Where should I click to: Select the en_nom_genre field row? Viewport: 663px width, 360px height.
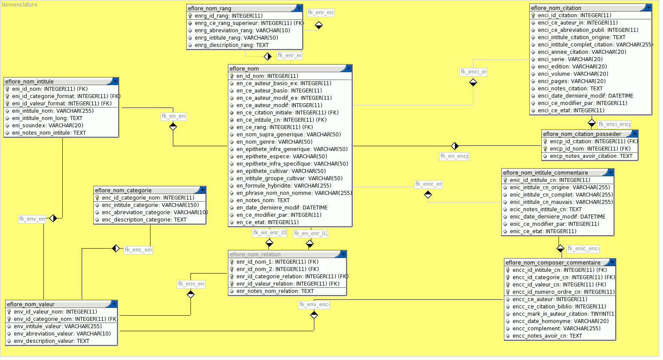[274, 142]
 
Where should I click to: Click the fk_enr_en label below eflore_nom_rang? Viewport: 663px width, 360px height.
[289, 55]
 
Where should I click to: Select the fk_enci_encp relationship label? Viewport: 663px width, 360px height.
[614, 124]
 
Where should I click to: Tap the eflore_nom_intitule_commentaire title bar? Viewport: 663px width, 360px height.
[555, 172]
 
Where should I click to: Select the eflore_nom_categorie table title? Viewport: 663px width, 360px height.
[146, 190]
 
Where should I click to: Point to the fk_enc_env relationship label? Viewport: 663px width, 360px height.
[138, 250]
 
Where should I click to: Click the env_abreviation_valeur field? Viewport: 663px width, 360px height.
[62, 334]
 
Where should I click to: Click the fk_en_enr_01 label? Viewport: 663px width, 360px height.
[270, 233]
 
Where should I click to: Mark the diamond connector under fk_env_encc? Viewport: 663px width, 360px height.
[314, 315]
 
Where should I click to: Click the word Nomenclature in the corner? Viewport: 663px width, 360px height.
[19, 5]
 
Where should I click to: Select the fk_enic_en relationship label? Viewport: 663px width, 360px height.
[428, 184]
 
